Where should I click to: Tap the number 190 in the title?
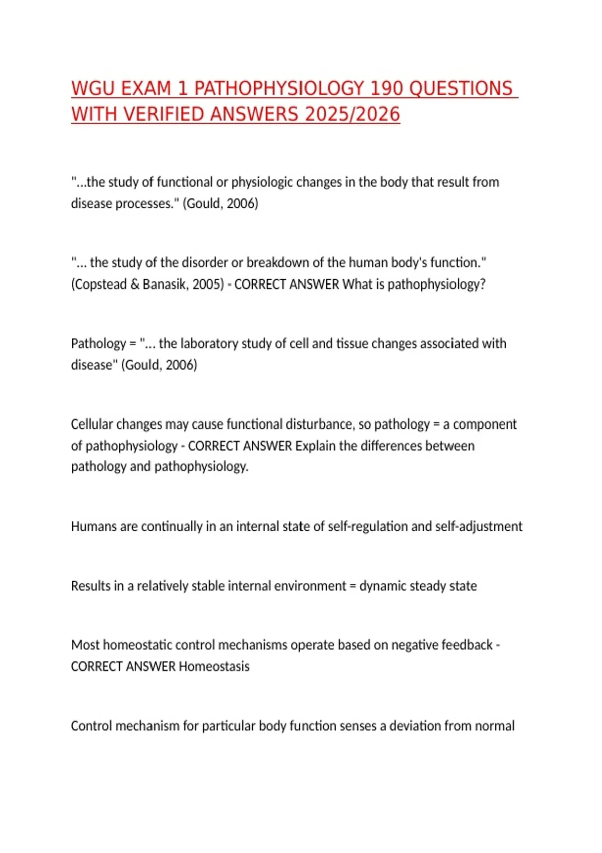pyautogui.click(x=386, y=89)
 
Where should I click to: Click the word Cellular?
pyautogui.click(x=91, y=424)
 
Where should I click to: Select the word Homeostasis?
pyautogui.click(x=214, y=667)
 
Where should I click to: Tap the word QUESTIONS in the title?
pyautogui.click(x=461, y=89)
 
